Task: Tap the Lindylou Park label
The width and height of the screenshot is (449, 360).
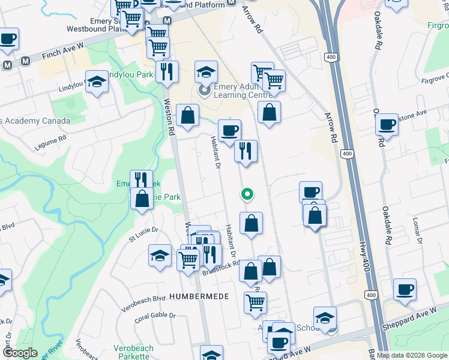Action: click(131, 75)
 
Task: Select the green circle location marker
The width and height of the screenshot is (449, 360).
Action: click(246, 194)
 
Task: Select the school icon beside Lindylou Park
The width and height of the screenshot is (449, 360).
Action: click(96, 82)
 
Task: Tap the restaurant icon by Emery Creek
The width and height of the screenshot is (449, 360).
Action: click(141, 179)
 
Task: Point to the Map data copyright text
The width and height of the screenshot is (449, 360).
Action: click(411, 355)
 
